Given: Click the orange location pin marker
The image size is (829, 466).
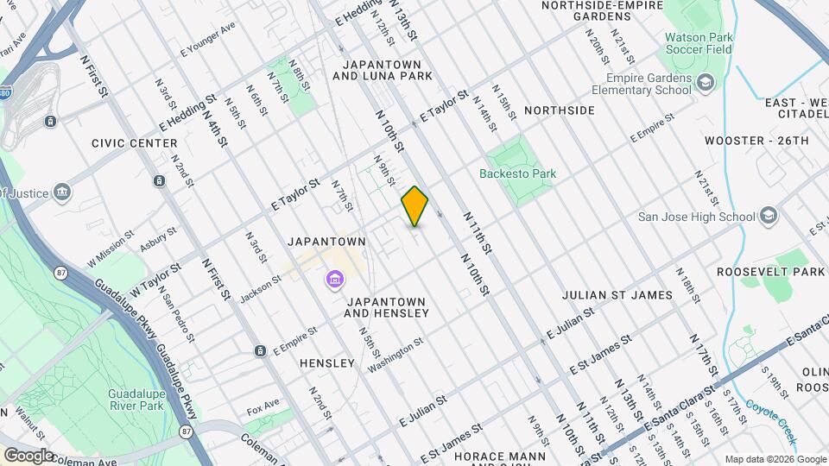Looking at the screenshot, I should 414,206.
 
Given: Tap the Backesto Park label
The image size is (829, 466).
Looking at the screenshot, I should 518,173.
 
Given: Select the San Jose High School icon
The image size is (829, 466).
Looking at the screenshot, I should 769,217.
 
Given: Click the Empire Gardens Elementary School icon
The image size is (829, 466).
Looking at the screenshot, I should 706,83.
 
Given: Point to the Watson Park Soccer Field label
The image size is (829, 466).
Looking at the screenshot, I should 698,43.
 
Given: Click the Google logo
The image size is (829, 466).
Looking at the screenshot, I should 28,456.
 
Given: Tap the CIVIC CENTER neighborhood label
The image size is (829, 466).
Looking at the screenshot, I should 135,143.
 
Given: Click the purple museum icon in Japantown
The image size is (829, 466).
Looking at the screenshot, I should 334,280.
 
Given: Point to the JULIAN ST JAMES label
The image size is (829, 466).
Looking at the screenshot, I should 617,295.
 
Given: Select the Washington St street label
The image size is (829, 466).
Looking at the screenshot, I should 396,355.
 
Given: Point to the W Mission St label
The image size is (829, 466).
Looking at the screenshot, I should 110,248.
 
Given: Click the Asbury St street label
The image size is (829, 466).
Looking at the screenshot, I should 158,238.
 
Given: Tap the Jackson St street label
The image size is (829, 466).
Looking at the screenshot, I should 261,288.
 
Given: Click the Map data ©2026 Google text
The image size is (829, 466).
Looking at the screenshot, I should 775,459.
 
